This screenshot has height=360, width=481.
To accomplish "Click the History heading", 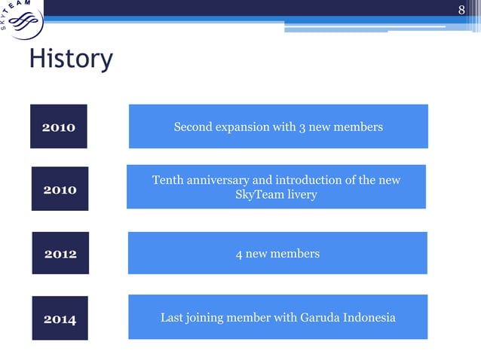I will [x=71, y=59].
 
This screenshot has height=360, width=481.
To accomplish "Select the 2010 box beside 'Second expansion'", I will [x=59, y=127].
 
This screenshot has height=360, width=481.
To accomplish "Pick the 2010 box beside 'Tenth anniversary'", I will [x=60, y=189].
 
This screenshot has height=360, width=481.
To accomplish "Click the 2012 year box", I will [x=60, y=254].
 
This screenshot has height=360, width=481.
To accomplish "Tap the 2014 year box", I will [x=60, y=319].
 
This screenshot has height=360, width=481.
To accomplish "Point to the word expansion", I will [x=244, y=127].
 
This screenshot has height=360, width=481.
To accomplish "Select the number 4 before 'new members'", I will [x=239, y=254].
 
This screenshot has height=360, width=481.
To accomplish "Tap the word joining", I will [x=207, y=318].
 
